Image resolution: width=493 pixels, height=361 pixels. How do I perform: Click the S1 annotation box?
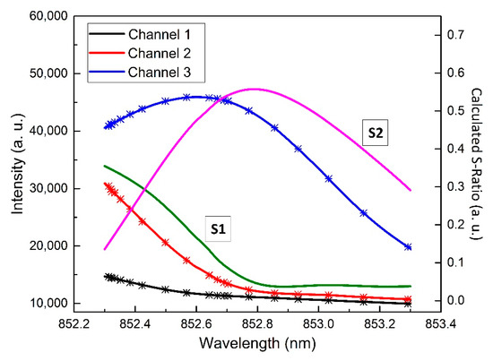coord(217,228)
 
